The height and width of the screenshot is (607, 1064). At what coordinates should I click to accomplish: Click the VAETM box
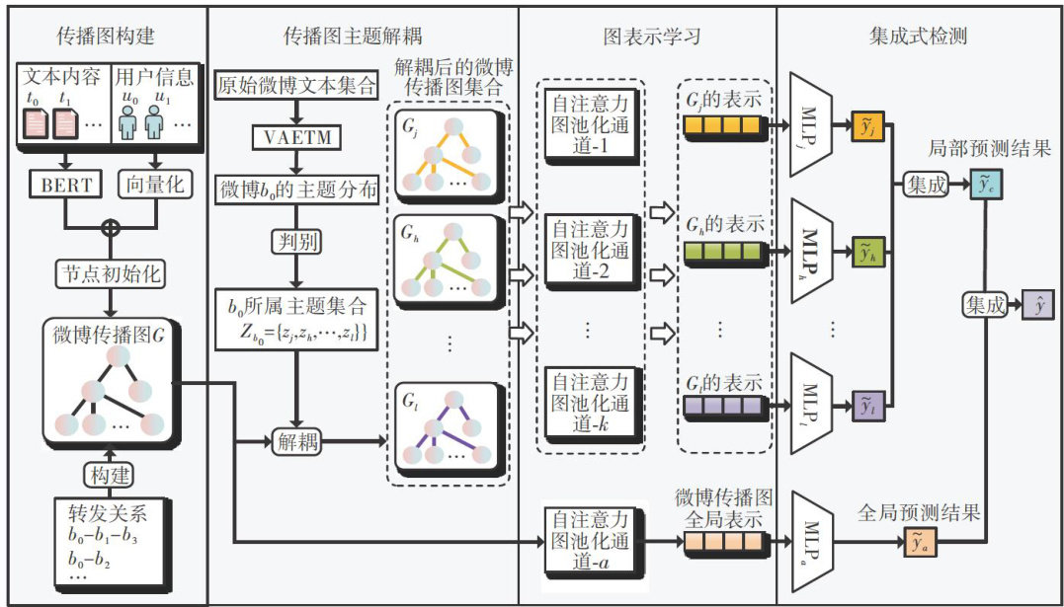click(297, 135)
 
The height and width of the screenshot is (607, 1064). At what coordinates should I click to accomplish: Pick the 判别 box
click(297, 241)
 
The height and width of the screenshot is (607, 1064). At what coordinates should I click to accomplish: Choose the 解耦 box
click(297, 441)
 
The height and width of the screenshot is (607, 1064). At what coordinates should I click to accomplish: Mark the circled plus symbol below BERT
click(111, 225)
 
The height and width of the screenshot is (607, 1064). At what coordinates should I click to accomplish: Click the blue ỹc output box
click(983, 185)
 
